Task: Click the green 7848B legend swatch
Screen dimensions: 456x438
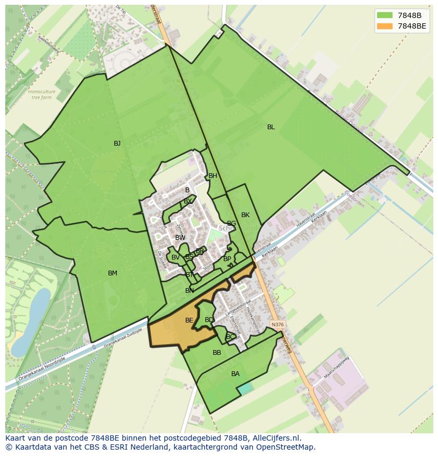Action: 385,15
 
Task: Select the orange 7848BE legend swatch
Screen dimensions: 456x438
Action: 385,26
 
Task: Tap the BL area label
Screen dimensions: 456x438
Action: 271,127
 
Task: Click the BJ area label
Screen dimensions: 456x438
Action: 117,144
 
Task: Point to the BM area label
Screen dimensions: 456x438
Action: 112,273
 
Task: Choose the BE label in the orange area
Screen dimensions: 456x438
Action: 189,320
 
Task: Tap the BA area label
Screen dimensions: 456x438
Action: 235,374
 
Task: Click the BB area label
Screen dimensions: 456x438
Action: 217,353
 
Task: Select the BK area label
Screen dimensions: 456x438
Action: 245,215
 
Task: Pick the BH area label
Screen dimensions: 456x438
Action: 213,176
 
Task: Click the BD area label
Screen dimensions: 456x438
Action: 209,320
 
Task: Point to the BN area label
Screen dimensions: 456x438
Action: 189,291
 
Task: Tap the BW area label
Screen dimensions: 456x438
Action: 180,238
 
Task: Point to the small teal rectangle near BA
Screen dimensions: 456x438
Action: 244,388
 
